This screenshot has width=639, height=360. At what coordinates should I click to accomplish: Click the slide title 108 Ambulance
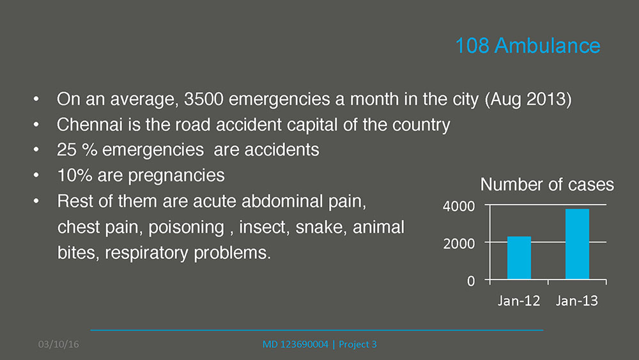pos(527,45)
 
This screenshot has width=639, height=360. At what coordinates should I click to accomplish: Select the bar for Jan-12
pos(519,258)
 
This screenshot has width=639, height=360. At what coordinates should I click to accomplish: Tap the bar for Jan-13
pos(577,244)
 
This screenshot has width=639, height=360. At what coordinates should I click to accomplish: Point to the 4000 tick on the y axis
pos(458,207)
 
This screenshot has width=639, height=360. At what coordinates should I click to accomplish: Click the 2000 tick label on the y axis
pos(458,244)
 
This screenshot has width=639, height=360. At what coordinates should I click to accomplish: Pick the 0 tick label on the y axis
pos(471,281)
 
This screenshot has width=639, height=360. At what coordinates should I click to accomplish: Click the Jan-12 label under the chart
pos(519,301)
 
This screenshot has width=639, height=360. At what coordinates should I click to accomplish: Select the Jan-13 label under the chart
pos(576,301)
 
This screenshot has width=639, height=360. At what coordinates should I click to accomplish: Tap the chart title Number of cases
pos(547,185)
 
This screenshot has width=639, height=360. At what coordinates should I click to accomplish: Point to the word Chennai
pos(89,125)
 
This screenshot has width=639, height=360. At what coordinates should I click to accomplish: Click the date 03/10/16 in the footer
pos(59,345)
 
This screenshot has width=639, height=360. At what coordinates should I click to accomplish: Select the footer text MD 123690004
pos(295,345)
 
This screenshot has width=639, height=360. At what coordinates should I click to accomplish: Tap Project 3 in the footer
pos(358,345)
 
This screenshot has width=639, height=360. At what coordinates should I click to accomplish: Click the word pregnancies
pos(176,176)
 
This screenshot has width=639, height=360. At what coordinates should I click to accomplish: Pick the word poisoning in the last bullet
pos(186,228)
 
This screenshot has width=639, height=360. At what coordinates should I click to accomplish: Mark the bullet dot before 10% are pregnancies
pos(36,175)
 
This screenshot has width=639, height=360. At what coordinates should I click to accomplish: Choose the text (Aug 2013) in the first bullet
pos(528,100)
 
